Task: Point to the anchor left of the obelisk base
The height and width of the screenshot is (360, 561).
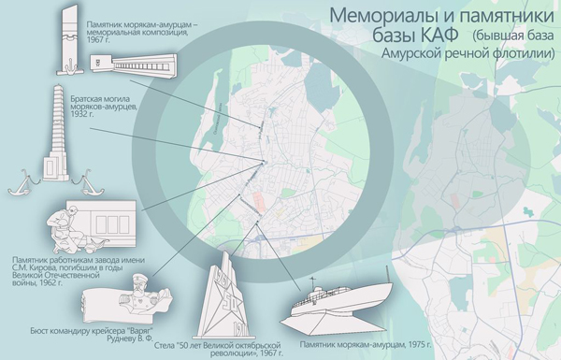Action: click(23, 183)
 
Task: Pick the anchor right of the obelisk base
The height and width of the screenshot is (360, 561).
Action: click(87, 182)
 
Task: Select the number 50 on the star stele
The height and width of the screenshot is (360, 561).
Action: click(227, 299)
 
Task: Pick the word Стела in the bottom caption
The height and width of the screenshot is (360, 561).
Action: click(165, 346)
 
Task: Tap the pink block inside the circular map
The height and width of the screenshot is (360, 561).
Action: click(258, 201)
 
